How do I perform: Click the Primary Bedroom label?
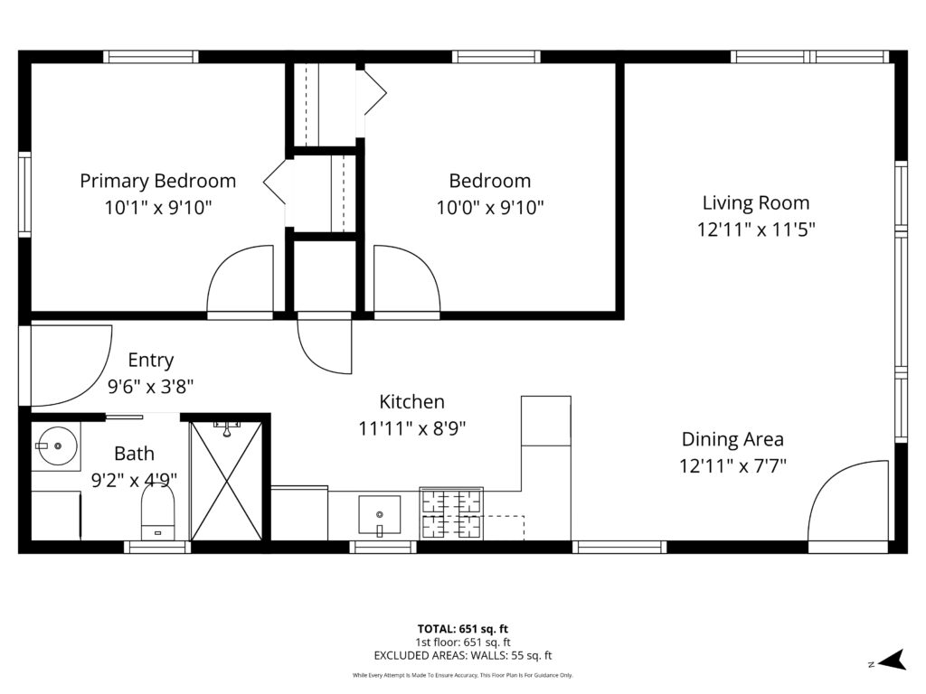[x=157, y=181]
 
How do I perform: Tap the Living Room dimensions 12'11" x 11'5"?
[x=756, y=229]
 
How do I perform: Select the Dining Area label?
[x=732, y=439]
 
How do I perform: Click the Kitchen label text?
[x=411, y=401]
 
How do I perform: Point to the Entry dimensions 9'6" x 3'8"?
[x=151, y=387]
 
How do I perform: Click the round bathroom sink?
[x=57, y=446]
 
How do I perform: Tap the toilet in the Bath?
[x=157, y=513]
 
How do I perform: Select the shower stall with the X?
[x=226, y=481]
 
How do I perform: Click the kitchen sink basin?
[x=379, y=515]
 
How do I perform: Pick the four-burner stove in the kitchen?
[x=451, y=513]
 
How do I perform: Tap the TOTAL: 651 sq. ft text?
[x=462, y=629]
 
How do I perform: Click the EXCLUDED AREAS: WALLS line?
[x=462, y=656]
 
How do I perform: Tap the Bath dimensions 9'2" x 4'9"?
[x=134, y=481]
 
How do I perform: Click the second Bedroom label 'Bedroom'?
[x=489, y=181]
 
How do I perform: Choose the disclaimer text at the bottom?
[x=462, y=675]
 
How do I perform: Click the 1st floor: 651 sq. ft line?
[x=462, y=642]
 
